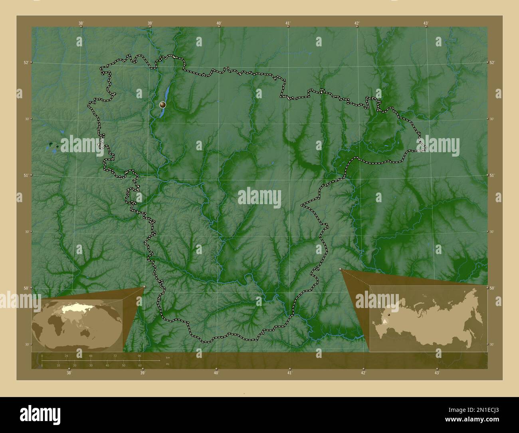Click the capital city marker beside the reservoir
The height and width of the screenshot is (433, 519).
click(162, 105)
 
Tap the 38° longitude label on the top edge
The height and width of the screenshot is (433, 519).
click(81, 24)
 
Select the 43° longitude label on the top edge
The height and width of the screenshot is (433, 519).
click(426, 24)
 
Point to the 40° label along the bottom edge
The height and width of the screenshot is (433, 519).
click(216, 373)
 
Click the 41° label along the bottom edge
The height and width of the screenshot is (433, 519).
click(290, 373)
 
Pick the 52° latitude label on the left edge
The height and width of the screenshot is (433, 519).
click(26, 63)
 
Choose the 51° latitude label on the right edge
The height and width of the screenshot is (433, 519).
click(492, 175)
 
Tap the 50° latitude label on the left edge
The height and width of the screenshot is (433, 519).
click(26, 288)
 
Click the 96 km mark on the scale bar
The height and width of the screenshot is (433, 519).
click(139, 356)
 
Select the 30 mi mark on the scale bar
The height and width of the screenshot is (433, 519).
click(91, 365)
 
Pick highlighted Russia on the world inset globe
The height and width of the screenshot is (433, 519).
click(76, 308)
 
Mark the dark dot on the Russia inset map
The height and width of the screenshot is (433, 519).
click(388, 315)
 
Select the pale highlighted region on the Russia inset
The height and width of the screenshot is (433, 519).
click(384, 320)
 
